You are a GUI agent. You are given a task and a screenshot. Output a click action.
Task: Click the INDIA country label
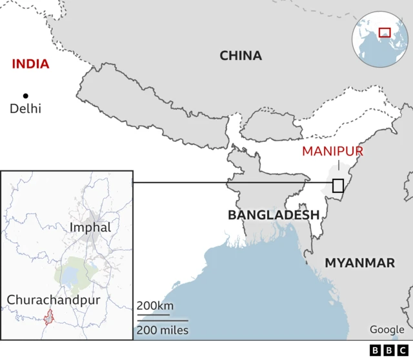[x=31, y=64]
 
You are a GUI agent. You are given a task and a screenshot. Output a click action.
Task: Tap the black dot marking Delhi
[x=26, y=95]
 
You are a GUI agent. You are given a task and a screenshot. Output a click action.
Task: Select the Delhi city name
[x=25, y=108]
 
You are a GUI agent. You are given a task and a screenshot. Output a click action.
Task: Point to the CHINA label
[x=241, y=56]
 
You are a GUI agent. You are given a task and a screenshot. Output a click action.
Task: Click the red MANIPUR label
[x=332, y=152]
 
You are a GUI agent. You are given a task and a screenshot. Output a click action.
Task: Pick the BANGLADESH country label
[x=274, y=215]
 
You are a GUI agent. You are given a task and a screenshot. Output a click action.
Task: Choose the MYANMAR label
[x=359, y=263]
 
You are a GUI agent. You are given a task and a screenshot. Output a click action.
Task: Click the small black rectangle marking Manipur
[x=337, y=186]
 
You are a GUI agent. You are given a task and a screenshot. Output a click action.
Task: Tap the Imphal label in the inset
[x=90, y=228]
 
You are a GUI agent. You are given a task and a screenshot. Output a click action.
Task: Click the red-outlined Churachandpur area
[x=48, y=317]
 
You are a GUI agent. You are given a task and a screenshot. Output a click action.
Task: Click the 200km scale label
[x=154, y=305]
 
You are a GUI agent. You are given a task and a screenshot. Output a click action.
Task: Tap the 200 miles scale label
[x=162, y=330]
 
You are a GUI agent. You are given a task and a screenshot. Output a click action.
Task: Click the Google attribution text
[x=387, y=330]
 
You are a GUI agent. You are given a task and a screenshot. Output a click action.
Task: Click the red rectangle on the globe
[x=385, y=32]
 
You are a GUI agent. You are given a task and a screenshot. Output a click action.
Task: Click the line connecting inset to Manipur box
[x=232, y=183]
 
